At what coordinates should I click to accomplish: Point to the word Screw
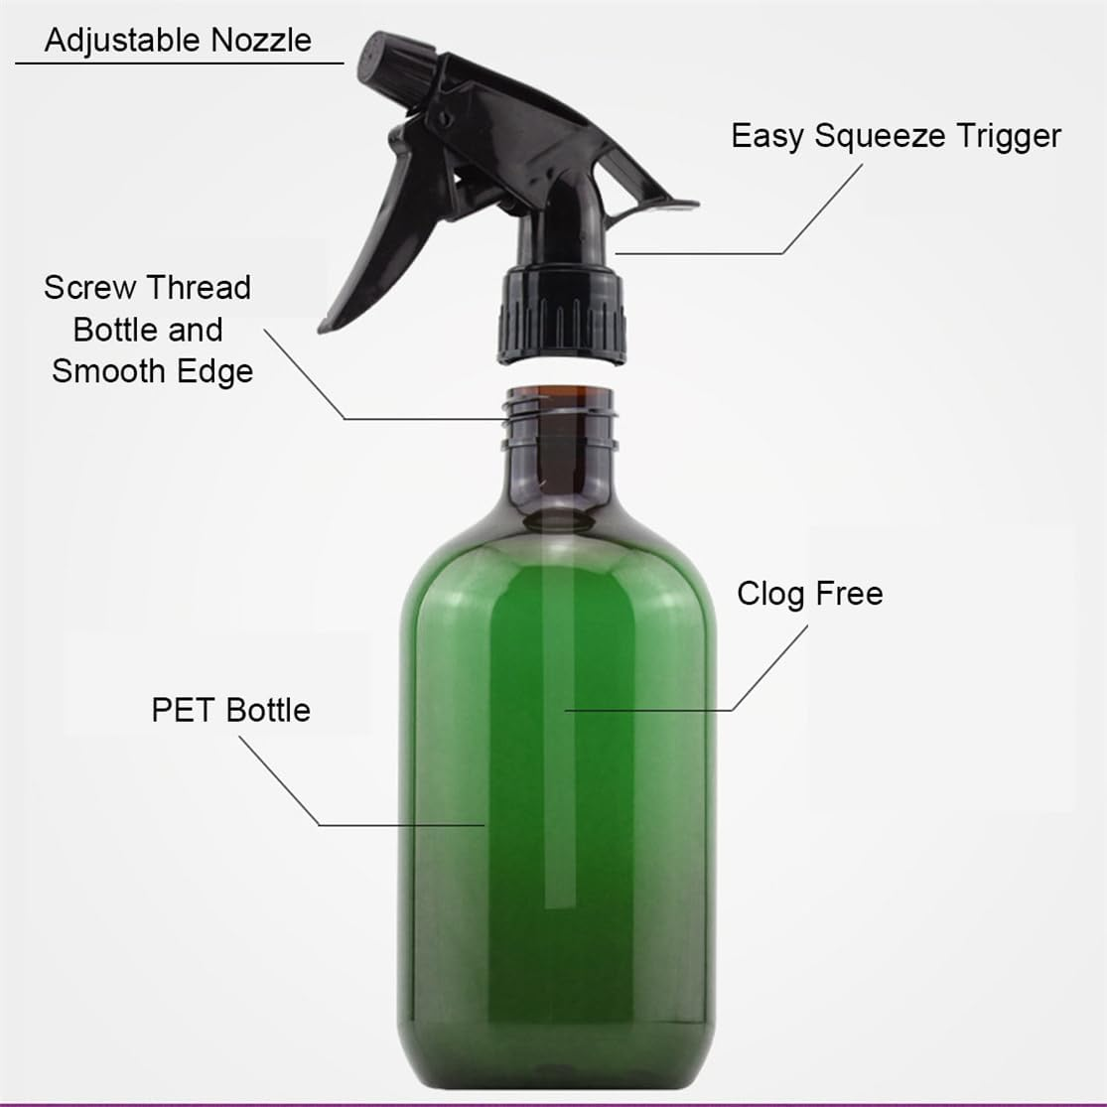(88, 288)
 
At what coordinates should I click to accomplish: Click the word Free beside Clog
(848, 594)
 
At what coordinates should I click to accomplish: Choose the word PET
(185, 710)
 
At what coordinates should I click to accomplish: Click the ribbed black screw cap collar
(562, 314)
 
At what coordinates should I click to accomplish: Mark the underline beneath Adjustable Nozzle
(179, 64)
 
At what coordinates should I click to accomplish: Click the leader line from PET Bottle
(397, 825)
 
